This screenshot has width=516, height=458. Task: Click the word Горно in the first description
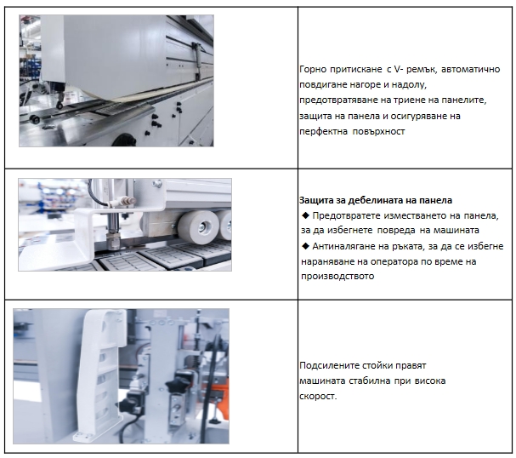click(313, 70)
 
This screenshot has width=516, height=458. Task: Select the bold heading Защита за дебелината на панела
click(376, 200)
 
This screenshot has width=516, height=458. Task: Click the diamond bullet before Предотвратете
click(305, 215)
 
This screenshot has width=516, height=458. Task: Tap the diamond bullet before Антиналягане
click(305, 246)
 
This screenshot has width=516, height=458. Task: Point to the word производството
click(337, 276)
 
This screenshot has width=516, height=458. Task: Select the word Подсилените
click(330, 366)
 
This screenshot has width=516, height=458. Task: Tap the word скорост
click(318, 396)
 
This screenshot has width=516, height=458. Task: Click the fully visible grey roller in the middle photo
click(198, 226)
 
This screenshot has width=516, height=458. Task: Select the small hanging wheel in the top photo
click(60, 105)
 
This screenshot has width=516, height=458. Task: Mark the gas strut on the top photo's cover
click(196, 61)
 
